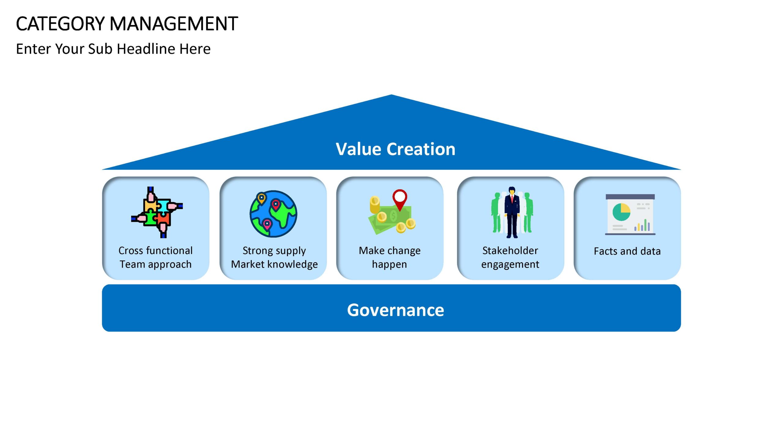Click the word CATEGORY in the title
[x=61, y=24]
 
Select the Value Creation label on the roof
[x=395, y=149]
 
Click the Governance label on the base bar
[x=395, y=310]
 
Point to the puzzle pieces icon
[x=157, y=212]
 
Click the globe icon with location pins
[x=273, y=214]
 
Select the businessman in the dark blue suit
[x=512, y=212]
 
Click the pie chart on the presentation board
[x=621, y=212]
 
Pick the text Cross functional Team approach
[x=156, y=257]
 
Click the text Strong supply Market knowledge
[x=274, y=257]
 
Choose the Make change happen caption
[x=390, y=257]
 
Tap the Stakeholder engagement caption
[x=510, y=257]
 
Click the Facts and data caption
[x=627, y=251]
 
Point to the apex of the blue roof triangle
[x=391, y=95]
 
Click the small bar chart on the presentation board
[x=642, y=225]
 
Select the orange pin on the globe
[x=262, y=198]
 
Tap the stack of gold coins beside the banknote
[x=375, y=205]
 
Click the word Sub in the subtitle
[x=100, y=49]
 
